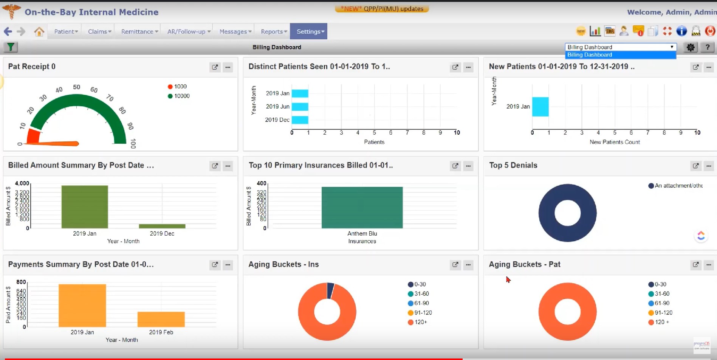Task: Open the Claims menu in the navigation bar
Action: pyautogui.click(x=99, y=31)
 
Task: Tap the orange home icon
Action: pyautogui.click(x=39, y=31)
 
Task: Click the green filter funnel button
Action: pyautogui.click(x=11, y=47)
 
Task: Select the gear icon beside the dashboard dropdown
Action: pyautogui.click(x=691, y=47)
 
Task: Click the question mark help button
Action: pyautogui.click(x=707, y=47)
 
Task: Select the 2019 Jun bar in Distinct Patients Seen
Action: pyautogui.click(x=300, y=107)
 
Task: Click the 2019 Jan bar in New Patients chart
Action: pyautogui.click(x=540, y=107)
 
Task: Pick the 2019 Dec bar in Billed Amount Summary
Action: pyautogui.click(x=162, y=226)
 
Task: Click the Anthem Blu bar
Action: pyautogui.click(x=362, y=207)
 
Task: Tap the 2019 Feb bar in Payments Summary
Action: pyautogui.click(x=161, y=319)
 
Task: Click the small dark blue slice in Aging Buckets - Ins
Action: pyautogui.click(x=330, y=290)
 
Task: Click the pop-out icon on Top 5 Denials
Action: pyautogui.click(x=695, y=166)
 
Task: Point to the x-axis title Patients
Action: pyautogui.click(x=374, y=142)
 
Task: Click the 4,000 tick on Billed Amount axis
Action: pyautogui.click(x=22, y=183)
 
